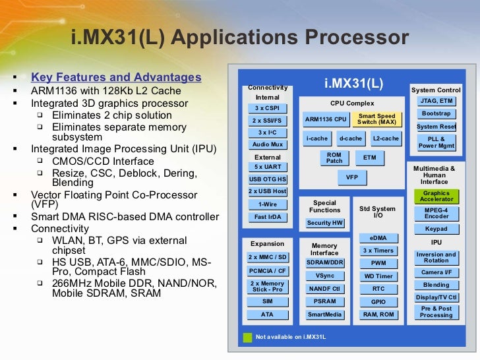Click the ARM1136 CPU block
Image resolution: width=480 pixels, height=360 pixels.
tap(326, 119)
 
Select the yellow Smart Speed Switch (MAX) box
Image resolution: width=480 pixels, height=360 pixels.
tap(376, 119)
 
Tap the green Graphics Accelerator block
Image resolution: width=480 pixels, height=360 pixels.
tap(436, 196)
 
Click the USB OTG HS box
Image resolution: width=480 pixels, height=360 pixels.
tap(268, 179)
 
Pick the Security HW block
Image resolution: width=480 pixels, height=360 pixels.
tap(325, 223)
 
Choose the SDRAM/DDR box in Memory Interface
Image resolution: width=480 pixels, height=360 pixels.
tap(324, 263)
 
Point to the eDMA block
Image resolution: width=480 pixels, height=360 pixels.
tap(378, 238)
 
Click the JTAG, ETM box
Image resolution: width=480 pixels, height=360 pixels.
tap(436, 101)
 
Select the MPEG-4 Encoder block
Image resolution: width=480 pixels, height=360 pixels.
tap(436, 213)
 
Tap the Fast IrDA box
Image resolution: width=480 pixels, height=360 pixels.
tap(268, 217)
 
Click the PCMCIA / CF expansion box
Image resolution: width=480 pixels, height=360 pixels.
tap(268, 270)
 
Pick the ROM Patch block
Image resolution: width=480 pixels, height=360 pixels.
tap(334, 158)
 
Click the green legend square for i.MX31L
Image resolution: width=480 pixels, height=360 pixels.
tap(247, 337)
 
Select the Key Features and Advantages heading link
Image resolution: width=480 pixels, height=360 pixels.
tap(116, 77)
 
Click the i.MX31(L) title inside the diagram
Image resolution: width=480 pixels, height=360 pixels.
tap(353, 84)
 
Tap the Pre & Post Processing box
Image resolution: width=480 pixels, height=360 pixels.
tap(436, 312)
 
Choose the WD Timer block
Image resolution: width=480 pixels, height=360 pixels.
tap(378, 276)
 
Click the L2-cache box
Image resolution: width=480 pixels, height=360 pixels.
tap(386, 138)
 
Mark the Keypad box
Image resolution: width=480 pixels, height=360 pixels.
tap(436, 229)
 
